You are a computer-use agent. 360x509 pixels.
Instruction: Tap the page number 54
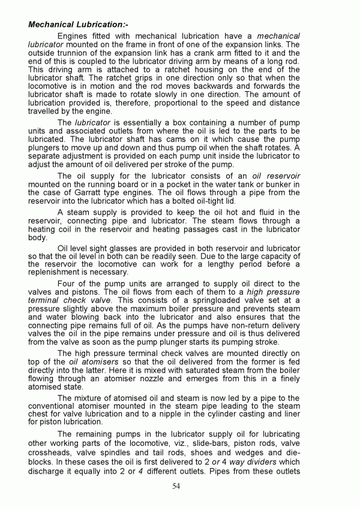coord(176,486)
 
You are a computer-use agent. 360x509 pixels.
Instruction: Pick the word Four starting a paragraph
coord(67,283)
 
